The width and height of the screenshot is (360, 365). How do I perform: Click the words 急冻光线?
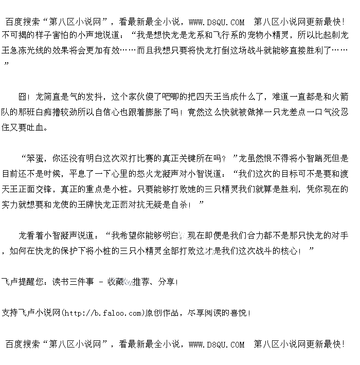pyautogui.click(x=38, y=51)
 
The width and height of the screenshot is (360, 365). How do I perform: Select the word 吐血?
pyautogui.click(x=39, y=127)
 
